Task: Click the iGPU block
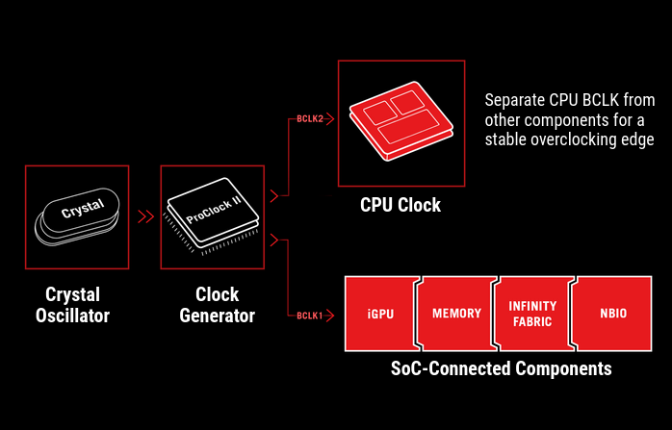[379, 313]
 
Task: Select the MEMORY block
[455, 313]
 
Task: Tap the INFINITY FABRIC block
[531, 313]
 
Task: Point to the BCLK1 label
[308, 315]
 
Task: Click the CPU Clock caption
[401, 205]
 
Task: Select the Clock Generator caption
[217, 304]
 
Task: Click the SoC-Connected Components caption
[501, 367]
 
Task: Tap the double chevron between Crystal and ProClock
[146, 215]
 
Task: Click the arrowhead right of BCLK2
[328, 120]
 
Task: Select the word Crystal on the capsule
[82, 210]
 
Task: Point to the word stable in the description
[504, 139]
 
